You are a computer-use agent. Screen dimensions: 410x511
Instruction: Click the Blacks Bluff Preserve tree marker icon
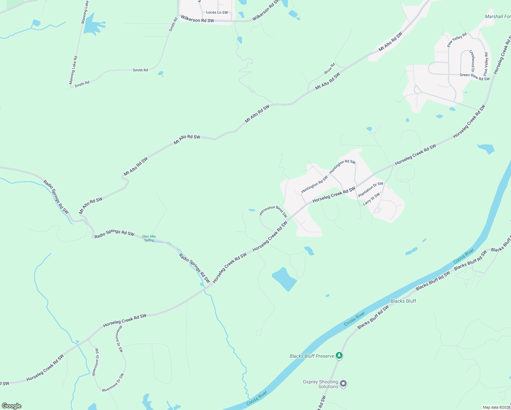click(x=339, y=356)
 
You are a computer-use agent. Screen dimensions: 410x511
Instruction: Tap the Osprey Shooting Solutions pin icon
click(x=344, y=384)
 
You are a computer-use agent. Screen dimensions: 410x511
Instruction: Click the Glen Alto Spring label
click(x=149, y=238)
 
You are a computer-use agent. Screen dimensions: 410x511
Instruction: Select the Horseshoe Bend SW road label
click(x=273, y=211)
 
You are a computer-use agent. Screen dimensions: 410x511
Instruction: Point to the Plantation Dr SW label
click(x=371, y=189)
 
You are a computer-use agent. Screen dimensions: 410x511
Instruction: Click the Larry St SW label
click(x=371, y=199)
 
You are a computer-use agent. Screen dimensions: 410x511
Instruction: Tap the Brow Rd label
click(x=329, y=68)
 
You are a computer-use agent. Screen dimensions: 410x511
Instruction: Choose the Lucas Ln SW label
click(x=217, y=12)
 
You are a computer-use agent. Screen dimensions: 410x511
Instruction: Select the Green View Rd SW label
click(x=474, y=77)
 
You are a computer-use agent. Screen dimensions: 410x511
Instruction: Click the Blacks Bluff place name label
click(x=403, y=301)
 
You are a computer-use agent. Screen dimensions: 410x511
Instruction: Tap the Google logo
click(x=12, y=406)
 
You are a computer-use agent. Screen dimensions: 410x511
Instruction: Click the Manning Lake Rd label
click(x=73, y=70)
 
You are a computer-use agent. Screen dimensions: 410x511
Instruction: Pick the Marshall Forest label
click(x=498, y=16)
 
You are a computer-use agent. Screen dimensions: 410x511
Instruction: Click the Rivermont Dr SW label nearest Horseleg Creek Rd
click(x=119, y=338)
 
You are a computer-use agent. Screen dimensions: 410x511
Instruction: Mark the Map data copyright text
click(x=496, y=407)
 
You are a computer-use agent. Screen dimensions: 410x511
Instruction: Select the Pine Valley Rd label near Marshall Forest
click(x=457, y=40)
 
